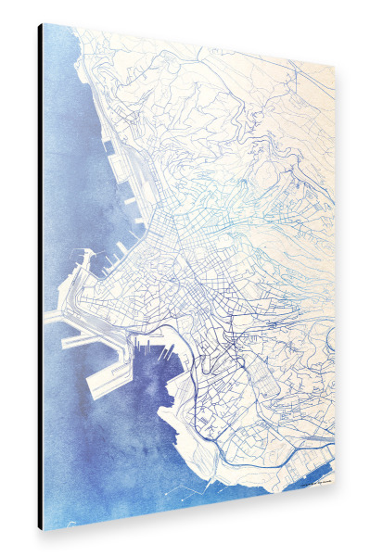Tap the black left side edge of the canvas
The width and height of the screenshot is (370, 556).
click(40, 278)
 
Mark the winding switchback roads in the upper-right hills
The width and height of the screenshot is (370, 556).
click(278, 139)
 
